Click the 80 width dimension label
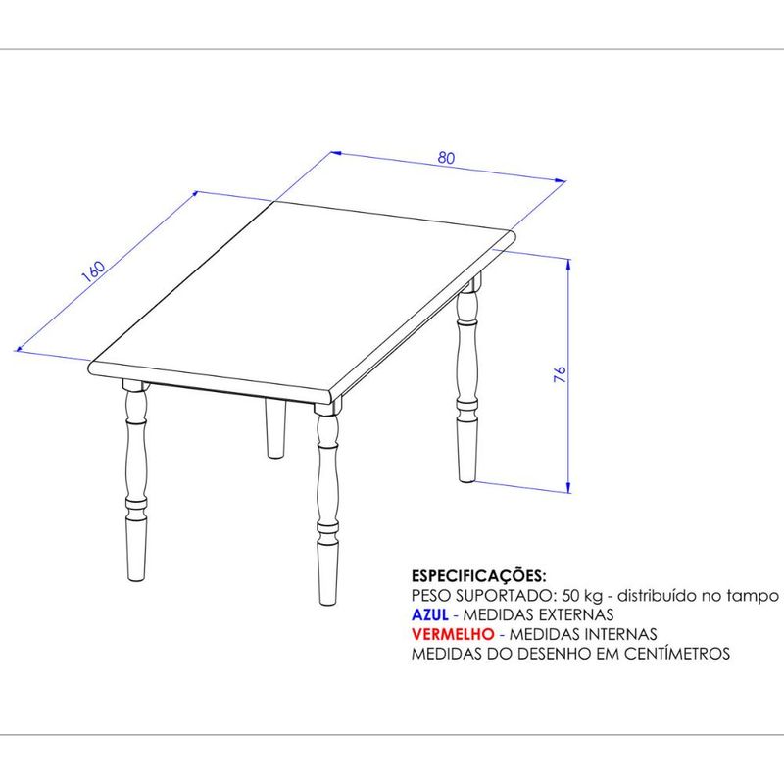(x=447, y=158)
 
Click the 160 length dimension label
(x=93, y=271)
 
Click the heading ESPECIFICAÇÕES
(x=478, y=576)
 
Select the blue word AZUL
(x=429, y=614)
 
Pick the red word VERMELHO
(x=453, y=634)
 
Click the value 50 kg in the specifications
(x=582, y=596)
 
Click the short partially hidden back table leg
(x=275, y=427)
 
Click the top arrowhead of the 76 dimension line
(x=568, y=265)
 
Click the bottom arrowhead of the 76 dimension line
(x=568, y=487)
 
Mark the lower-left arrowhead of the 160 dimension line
(x=21, y=348)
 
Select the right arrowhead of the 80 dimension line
(x=561, y=180)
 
